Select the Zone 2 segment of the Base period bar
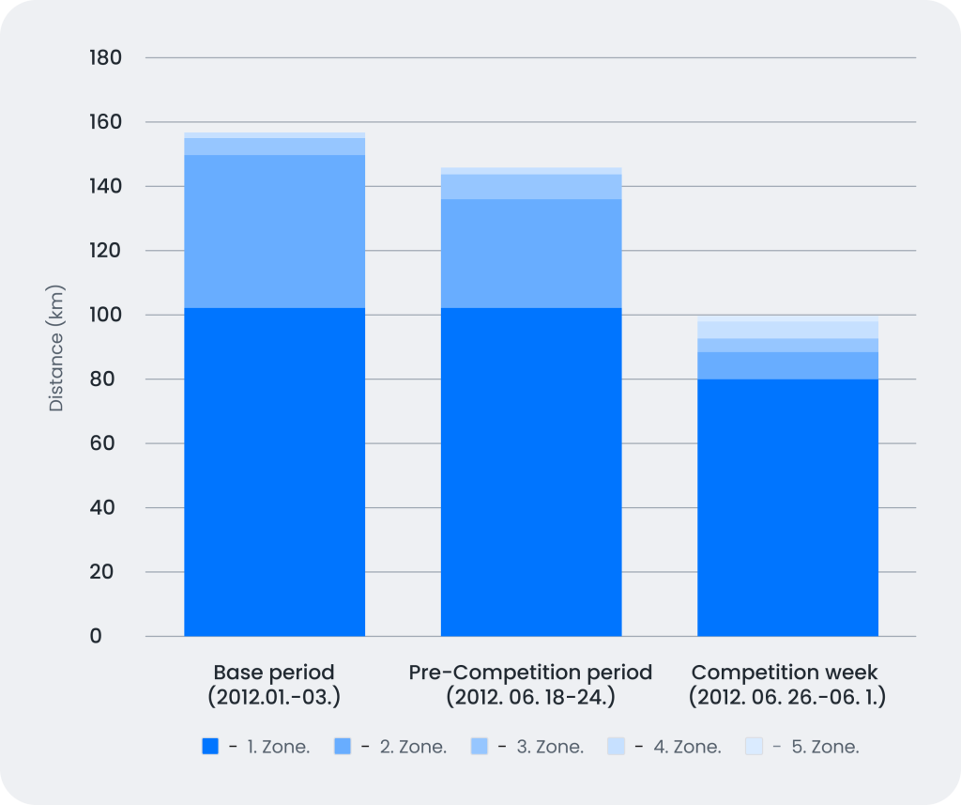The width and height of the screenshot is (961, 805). pos(274,231)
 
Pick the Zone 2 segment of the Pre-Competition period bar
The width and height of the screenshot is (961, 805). pos(531,254)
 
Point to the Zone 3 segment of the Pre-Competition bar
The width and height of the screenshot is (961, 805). pos(531,187)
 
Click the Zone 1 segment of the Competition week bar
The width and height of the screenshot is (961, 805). pos(787,507)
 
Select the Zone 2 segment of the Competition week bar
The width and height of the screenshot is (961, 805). pos(787,365)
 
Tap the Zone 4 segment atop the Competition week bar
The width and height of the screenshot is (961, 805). pos(787,329)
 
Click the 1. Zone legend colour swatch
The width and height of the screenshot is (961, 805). pos(210,747)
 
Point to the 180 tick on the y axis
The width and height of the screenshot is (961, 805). pos(104,58)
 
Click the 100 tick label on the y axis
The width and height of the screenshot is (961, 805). pos(104,316)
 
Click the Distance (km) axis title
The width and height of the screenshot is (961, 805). pos(56,348)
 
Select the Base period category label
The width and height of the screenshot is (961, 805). pos(274,673)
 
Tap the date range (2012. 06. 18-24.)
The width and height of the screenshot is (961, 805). pos(531,698)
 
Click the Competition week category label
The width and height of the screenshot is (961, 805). pos(786,673)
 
